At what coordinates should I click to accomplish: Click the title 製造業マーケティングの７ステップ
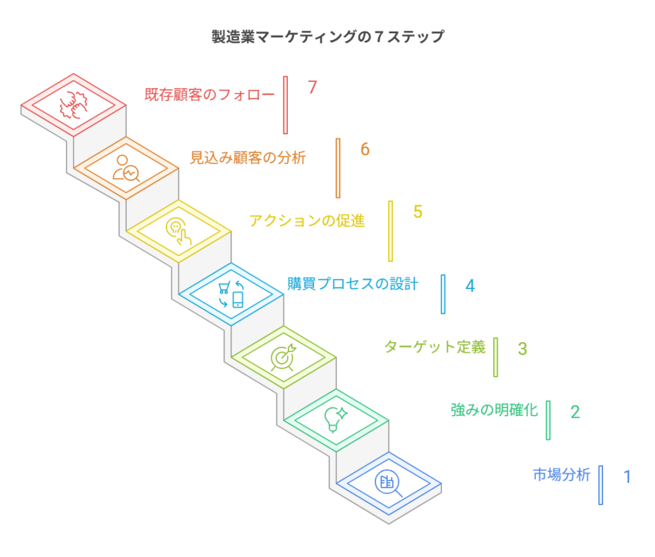coord(327,36)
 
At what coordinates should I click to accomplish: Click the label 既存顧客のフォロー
coord(209,95)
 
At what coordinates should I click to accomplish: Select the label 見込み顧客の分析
coord(248,157)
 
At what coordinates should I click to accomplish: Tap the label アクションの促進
coord(307,221)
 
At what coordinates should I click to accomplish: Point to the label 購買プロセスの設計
coord(352,283)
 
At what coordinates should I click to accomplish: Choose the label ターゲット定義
coord(435,347)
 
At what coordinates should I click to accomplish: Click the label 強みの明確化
coord(494,410)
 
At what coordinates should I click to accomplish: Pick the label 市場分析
coord(562,475)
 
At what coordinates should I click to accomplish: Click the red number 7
coord(312,88)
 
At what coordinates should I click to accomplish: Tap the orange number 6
coord(365,149)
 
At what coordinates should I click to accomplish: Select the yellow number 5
coord(418,212)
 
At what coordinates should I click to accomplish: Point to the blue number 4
coord(470,285)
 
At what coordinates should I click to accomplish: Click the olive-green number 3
coord(523,349)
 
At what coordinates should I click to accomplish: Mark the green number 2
coord(575,412)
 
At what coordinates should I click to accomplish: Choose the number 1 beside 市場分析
coord(627,476)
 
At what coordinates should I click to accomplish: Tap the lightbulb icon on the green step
coord(336,420)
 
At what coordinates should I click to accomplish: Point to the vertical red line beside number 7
coord(285,105)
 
